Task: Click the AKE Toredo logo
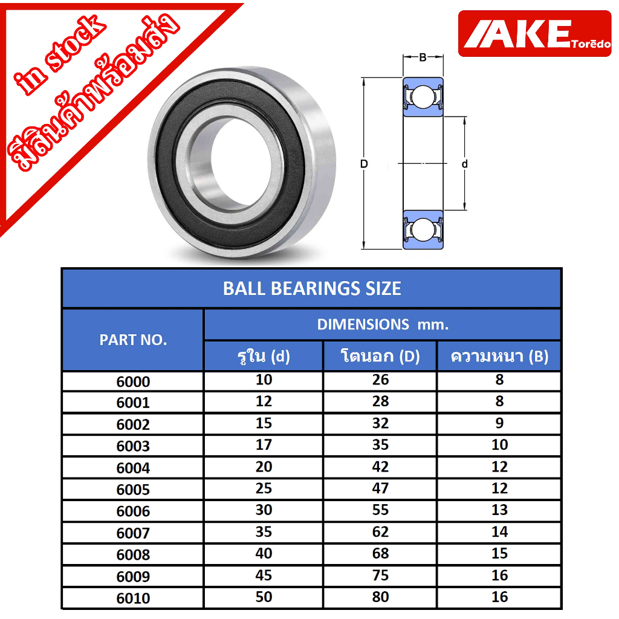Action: (x=534, y=34)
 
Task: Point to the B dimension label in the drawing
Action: (x=423, y=57)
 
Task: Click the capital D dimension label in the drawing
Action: (x=364, y=164)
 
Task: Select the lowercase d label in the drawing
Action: (x=465, y=164)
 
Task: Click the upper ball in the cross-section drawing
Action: (x=423, y=97)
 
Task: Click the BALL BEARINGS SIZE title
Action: (x=312, y=288)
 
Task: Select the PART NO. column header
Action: (x=133, y=340)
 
